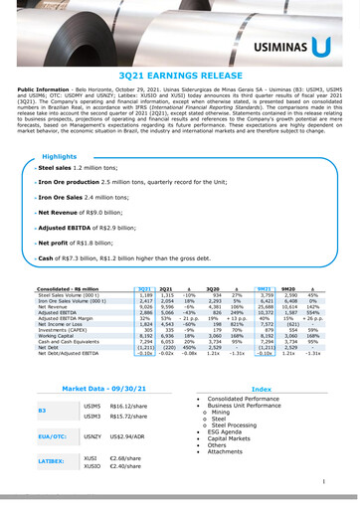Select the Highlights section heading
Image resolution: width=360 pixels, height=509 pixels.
60,157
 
